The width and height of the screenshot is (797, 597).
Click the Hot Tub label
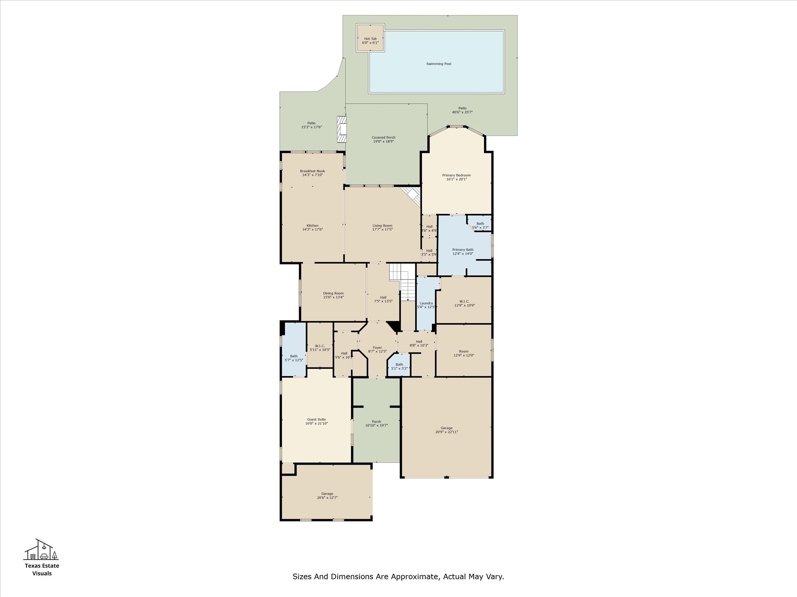370,41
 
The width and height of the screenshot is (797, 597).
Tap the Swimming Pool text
439,64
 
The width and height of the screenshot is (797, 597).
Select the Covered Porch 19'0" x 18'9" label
383,140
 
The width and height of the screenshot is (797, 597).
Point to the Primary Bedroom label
456,177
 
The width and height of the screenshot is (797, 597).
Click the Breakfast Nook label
312,173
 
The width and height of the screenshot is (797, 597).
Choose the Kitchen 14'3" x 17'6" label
312,227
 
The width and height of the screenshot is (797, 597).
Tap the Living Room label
382,227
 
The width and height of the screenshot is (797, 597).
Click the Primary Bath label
463,251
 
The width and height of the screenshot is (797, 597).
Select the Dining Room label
333,295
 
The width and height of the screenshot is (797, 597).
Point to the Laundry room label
426,305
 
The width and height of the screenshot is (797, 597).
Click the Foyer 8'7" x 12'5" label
377,349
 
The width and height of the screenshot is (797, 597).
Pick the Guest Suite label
316,421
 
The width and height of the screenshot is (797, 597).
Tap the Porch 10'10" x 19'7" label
376,424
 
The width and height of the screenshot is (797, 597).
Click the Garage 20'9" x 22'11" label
446,430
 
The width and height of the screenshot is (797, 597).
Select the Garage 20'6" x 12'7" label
327,496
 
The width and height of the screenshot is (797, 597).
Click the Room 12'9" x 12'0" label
463,353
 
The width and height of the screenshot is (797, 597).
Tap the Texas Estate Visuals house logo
41,550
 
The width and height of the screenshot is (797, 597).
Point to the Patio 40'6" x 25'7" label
462,110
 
